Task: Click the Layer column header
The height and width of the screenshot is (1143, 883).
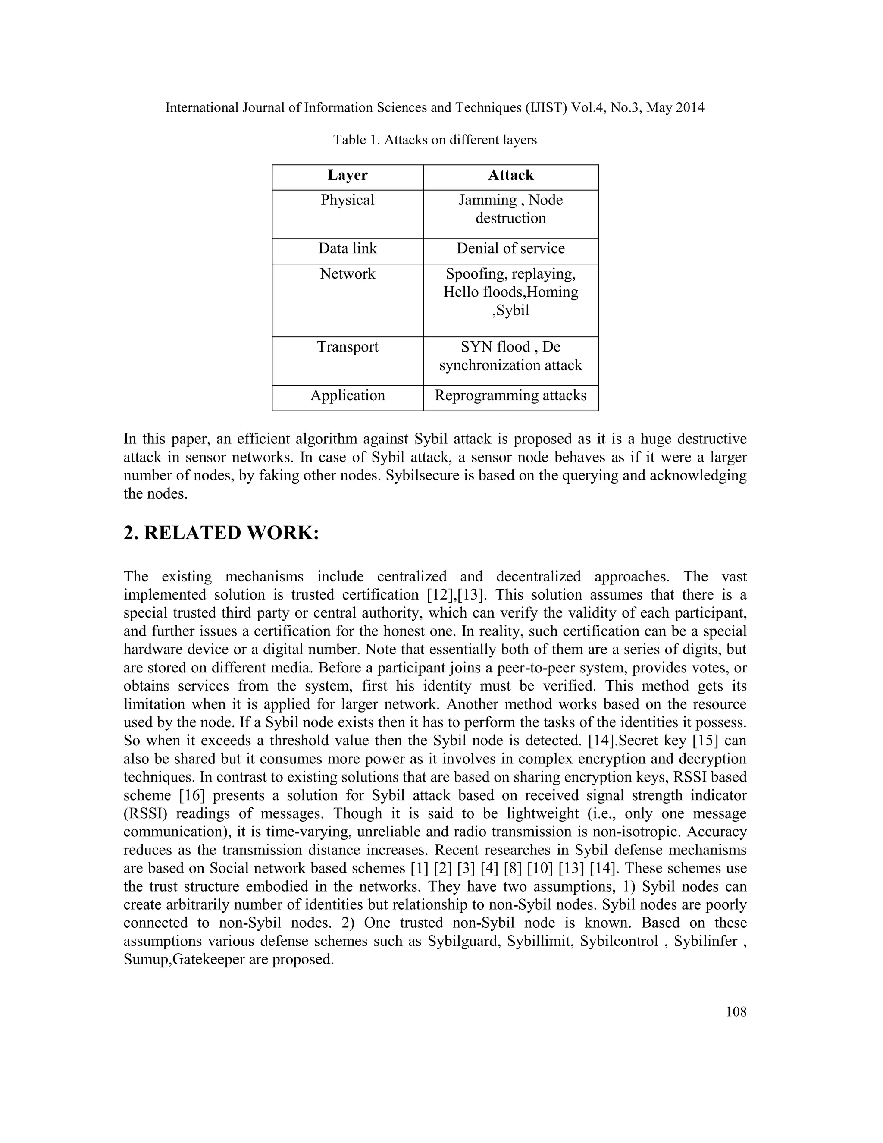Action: (x=348, y=175)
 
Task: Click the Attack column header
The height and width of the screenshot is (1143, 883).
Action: (x=510, y=175)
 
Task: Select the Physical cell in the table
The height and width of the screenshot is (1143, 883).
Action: (x=348, y=201)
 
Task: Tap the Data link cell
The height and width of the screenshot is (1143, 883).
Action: (x=348, y=248)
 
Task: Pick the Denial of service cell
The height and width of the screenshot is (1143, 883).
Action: (x=510, y=248)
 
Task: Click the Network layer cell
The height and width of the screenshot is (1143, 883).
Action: (x=348, y=274)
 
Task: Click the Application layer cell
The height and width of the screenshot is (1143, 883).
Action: (x=348, y=396)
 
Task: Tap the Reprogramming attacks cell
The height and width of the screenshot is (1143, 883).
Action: (x=510, y=396)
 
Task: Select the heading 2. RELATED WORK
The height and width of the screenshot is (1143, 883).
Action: (x=221, y=533)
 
